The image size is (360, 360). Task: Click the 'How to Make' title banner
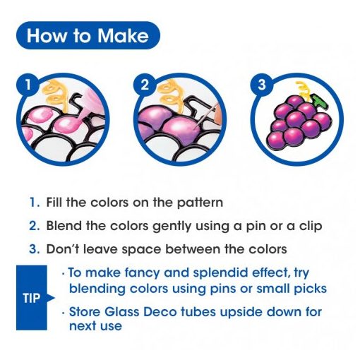(88, 35)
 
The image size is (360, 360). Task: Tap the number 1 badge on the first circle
(28, 84)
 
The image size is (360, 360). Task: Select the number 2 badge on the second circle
(145, 84)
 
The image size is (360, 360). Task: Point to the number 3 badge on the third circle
(262, 84)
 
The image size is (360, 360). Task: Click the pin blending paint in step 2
(206, 116)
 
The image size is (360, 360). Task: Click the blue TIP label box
(32, 298)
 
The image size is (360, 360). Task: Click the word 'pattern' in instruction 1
(200, 203)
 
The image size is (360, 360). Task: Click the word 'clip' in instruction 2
(311, 226)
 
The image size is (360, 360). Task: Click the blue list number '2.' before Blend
(35, 226)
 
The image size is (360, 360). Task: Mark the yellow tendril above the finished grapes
(303, 90)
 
